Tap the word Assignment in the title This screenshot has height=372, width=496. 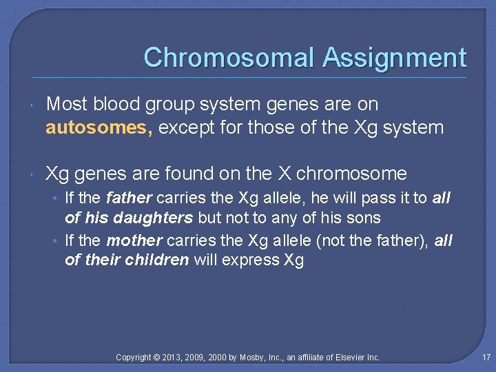click(x=394, y=57)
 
